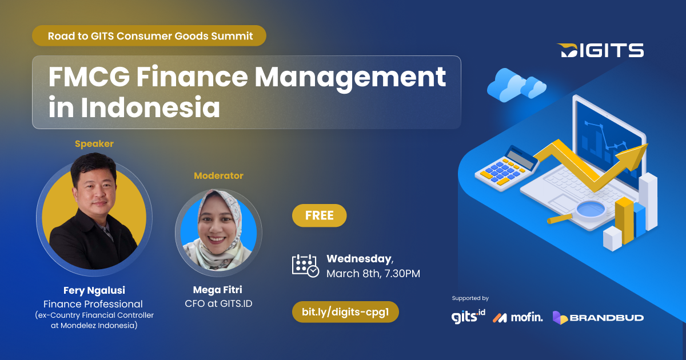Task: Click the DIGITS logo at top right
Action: click(x=600, y=50)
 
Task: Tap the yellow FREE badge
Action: click(x=319, y=215)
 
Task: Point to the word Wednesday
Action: click(x=359, y=259)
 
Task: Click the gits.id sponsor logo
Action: click(x=468, y=316)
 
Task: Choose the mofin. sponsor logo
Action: click(x=518, y=317)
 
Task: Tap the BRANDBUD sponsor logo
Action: click(x=598, y=317)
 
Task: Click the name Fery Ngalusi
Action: click(x=93, y=290)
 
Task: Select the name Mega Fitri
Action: click(x=217, y=290)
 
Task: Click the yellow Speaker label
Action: click(x=94, y=144)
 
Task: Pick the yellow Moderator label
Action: click(x=218, y=176)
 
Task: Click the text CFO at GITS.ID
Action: click(x=217, y=303)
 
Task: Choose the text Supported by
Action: click(x=470, y=298)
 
